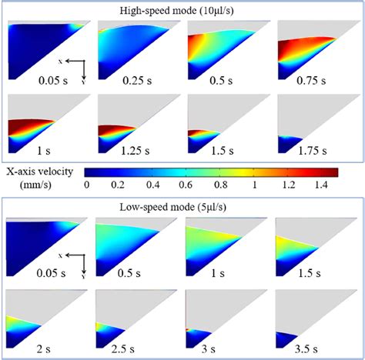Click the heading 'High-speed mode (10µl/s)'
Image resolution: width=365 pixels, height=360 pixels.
(x=182, y=9)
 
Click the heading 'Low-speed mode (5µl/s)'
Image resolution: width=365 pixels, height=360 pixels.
(x=182, y=208)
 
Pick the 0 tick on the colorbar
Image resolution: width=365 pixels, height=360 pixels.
(x=87, y=185)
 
